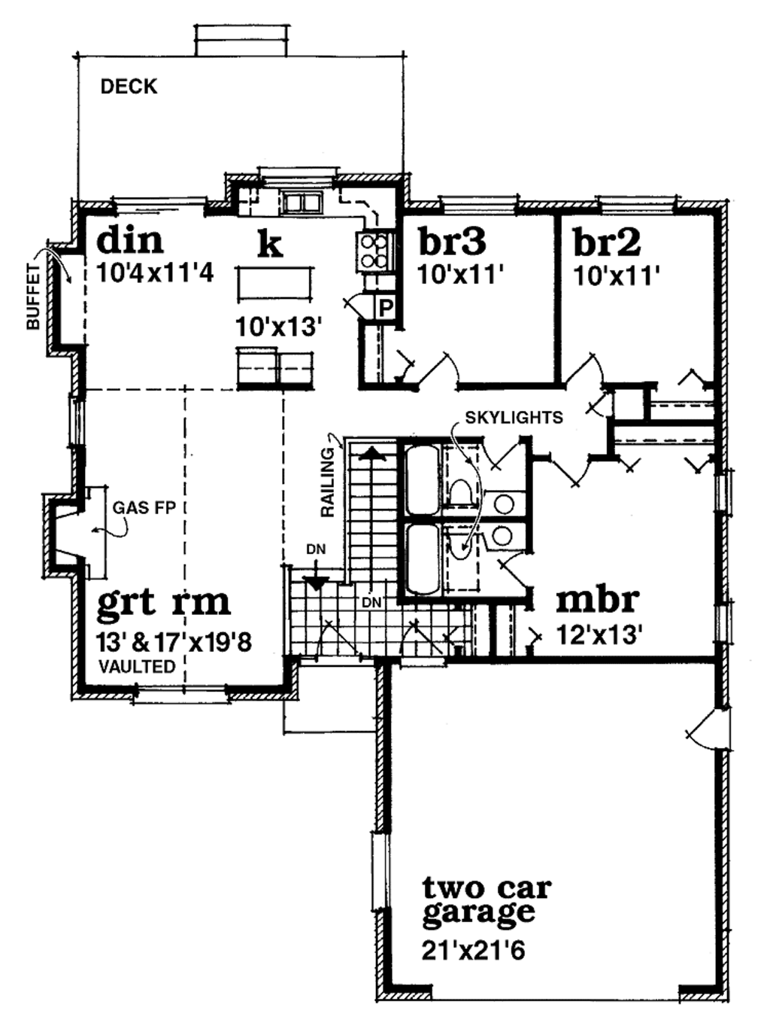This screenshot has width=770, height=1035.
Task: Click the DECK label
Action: click(x=129, y=87)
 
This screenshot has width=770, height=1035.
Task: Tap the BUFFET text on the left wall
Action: click(x=33, y=297)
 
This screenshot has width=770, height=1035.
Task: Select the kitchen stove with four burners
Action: click(x=374, y=251)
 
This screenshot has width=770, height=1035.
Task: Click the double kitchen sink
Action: click(x=302, y=202)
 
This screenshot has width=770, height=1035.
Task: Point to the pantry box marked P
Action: click(x=385, y=308)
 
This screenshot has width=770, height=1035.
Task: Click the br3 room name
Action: click(x=451, y=242)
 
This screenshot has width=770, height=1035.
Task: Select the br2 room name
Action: click(x=606, y=242)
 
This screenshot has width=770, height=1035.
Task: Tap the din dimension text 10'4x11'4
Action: click(x=156, y=272)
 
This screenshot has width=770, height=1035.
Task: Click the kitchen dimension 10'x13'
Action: click(x=278, y=327)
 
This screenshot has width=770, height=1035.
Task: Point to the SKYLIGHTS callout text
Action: click(x=514, y=417)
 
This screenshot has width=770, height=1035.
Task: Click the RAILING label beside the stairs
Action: click(x=328, y=482)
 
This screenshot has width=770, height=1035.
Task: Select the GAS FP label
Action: click(x=144, y=507)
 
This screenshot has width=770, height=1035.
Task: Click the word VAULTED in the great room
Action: click(x=138, y=666)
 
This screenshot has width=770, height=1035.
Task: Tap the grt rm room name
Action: click(x=164, y=603)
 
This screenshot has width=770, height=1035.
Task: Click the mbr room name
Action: click(x=597, y=600)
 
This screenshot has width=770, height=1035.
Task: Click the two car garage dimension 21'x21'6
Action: click(x=473, y=951)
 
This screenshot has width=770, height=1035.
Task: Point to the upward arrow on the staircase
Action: click(x=369, y=454)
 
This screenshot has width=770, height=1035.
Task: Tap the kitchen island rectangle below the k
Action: click(x=275, y=284)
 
